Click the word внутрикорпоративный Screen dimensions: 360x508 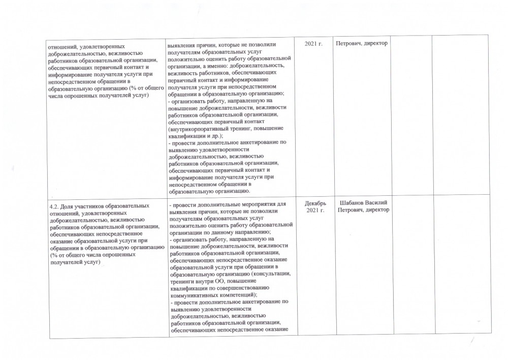pyautogui.click(x=198, y=130)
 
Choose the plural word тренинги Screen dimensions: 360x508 pyautogui.click(x=181, y=281)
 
